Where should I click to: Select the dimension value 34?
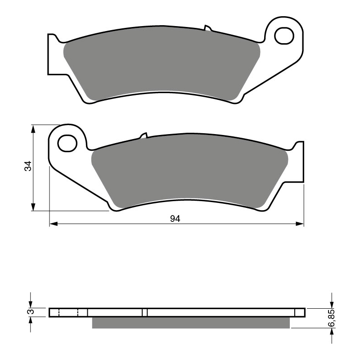[x=28, y=166]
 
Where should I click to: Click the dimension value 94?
[x=175, y=219]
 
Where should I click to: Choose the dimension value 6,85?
[x=332, y=319]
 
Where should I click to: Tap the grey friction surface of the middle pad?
[x=189, y=173]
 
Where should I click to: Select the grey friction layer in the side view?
[x=191, y=323]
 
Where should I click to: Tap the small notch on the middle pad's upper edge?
[x=144, y=135]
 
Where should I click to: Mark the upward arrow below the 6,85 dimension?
[x=332, y=331]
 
